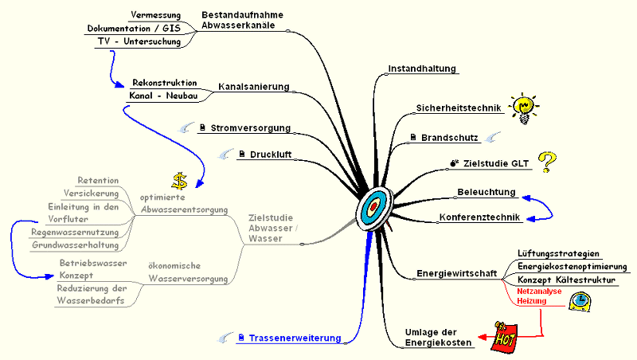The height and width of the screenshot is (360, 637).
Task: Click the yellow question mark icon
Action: pos(545,162)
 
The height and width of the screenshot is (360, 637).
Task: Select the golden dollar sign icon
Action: pos(180,180)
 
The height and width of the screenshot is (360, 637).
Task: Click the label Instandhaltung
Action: pos(422,68)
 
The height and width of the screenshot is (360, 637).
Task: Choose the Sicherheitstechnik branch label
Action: pos(458,108)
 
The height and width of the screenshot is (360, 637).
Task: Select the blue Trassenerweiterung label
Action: pos(295,338)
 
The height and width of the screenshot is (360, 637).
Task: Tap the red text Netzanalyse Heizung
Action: pos(540,296)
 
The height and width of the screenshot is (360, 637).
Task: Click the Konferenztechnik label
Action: pos(479,217)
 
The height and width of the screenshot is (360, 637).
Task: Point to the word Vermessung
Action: pos(155,15)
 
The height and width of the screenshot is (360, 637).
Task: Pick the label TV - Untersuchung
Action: pos(139,41)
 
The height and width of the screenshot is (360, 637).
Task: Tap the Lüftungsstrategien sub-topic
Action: pos(558,253)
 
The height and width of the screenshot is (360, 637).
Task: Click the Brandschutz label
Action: pos(449,138)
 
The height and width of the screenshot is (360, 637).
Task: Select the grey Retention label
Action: pos(98,180)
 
